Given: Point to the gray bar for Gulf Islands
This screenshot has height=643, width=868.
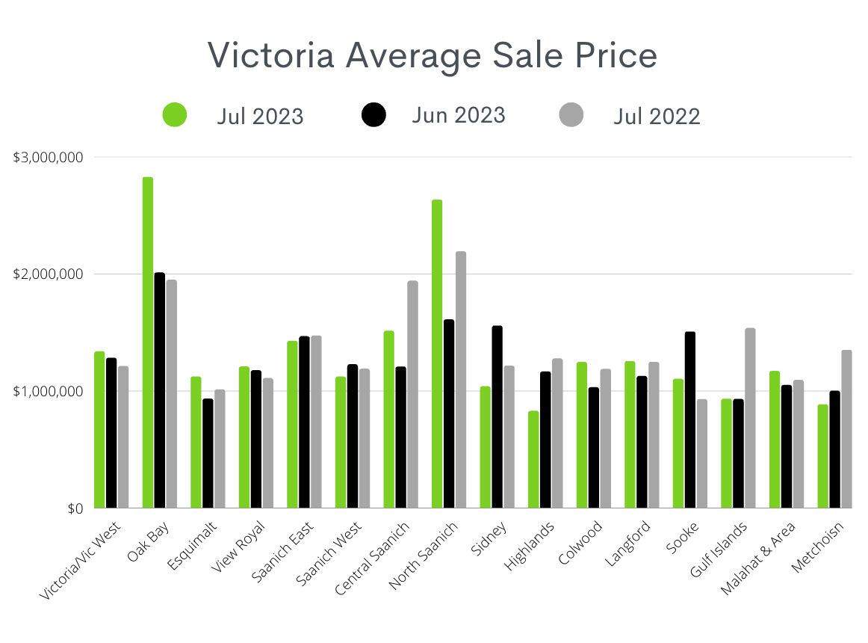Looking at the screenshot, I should click(x=751, y=419).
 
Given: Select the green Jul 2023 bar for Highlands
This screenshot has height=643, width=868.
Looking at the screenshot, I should click(x=533, y=460).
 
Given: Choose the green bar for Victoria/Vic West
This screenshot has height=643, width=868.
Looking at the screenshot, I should click(x=99, y=430).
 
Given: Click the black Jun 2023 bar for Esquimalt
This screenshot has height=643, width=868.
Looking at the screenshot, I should click(x=208, y=453).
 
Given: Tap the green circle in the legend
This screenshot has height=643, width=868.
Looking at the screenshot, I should click(x=175, y=115).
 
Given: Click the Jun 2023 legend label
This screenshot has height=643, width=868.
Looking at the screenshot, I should click(x=458, y=115).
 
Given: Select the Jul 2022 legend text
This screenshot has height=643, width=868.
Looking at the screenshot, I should click(x=657, y=117).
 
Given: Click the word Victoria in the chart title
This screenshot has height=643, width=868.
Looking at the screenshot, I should click(x=279, y=56).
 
